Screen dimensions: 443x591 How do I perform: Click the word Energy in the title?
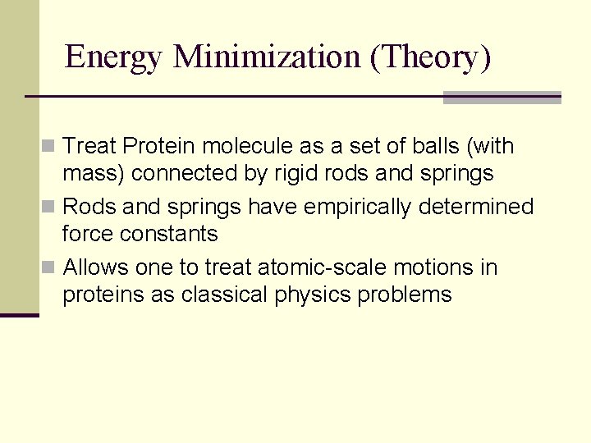115,57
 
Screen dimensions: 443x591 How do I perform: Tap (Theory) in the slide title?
430,57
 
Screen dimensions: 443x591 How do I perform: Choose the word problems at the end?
405,295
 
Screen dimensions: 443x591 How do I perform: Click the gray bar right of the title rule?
502,98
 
